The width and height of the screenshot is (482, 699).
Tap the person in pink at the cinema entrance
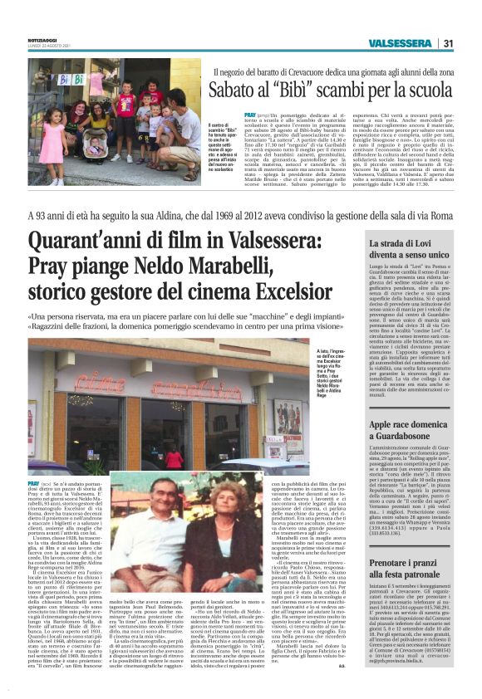coord(174,457)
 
